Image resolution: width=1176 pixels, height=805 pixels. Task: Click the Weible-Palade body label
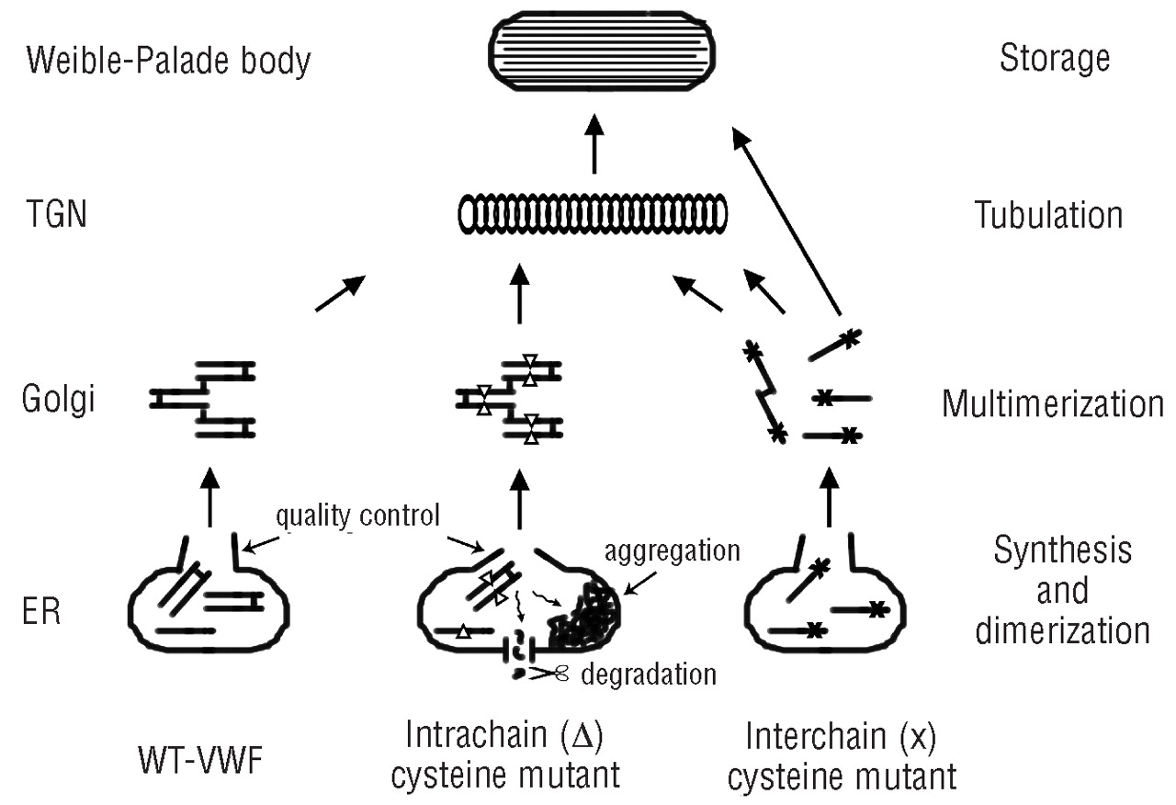168,62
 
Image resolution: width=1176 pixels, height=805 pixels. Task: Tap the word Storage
1054,59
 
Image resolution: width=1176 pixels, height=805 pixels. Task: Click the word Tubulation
1048,216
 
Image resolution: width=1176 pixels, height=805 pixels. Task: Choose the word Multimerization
1053,404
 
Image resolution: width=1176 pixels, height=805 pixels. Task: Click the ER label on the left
44,612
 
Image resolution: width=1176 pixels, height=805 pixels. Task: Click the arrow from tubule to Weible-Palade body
594,144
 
